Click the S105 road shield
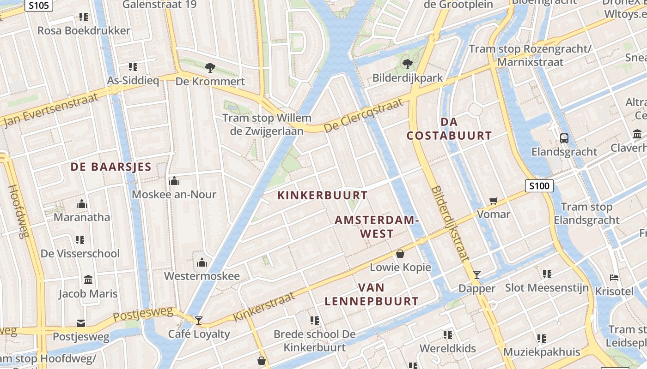[x=38, y=5]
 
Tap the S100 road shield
[x=539, y=186]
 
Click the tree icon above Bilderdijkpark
[x=407, y=64]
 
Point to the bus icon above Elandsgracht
[x=564, y=138]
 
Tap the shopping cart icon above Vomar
[x=494, y=201]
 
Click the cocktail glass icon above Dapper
[x=477, y=275]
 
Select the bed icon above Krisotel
[x=614, y=278]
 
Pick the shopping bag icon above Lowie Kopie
[x=400, y=254]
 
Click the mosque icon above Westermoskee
[x=202, y=262]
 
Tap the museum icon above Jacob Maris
[x=88, y=280]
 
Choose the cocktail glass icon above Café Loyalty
[x=199, y=320]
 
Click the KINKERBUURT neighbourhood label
[x=322, y=195]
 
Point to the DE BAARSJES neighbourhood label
[x=111, y=167]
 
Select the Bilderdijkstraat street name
[x=450, y=224]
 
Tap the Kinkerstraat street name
[x=264, y=307]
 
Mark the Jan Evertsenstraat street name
[x=51, y=110]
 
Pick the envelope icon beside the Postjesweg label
[x=81, y=322]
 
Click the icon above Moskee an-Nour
[x=174, y=181]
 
